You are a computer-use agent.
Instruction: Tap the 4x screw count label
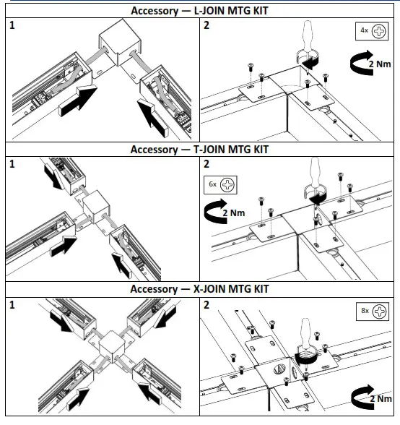364,30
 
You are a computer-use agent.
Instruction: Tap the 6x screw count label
212,184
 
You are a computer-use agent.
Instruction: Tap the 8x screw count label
365,311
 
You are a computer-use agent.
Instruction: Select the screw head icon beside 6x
227,185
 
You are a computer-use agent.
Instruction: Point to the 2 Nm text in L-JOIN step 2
380,64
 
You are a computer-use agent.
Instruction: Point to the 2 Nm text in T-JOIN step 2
234,213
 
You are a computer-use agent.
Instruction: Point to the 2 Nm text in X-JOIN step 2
381,399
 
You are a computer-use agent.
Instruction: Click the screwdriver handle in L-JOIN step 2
308,36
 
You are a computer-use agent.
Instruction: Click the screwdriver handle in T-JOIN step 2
315,172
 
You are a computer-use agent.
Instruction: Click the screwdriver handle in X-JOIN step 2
305,333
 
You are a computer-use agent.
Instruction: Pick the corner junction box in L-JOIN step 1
120,42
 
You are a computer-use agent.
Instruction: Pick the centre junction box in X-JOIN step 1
112,346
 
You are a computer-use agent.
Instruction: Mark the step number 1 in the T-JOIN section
12,164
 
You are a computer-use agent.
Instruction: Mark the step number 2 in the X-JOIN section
206,305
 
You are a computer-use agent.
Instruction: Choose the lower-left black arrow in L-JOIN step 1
78,101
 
